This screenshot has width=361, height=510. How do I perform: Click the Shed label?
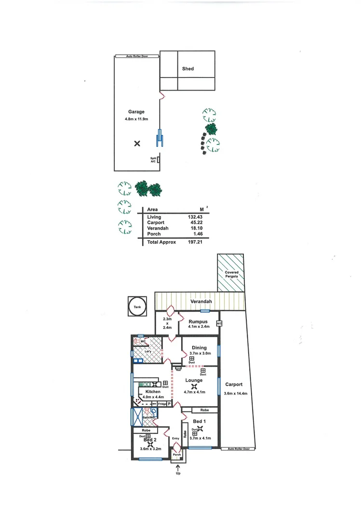pos(187,69)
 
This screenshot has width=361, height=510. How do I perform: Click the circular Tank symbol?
pos(137,306)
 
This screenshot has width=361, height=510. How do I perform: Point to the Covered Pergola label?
pos(231,275)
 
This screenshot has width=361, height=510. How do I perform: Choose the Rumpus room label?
pos(198,321)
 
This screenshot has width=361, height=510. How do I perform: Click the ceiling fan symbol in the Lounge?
pos(194,386)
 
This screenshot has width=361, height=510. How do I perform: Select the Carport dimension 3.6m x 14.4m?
pos(236,393)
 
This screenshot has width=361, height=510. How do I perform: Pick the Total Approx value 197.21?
pos(194,242)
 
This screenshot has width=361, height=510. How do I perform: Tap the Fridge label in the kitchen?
pos(161,404)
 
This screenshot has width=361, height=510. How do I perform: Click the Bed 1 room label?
pos(205,421)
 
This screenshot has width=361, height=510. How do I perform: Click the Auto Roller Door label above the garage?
pos(136,56)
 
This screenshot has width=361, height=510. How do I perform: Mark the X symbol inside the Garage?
pos(137,143)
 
